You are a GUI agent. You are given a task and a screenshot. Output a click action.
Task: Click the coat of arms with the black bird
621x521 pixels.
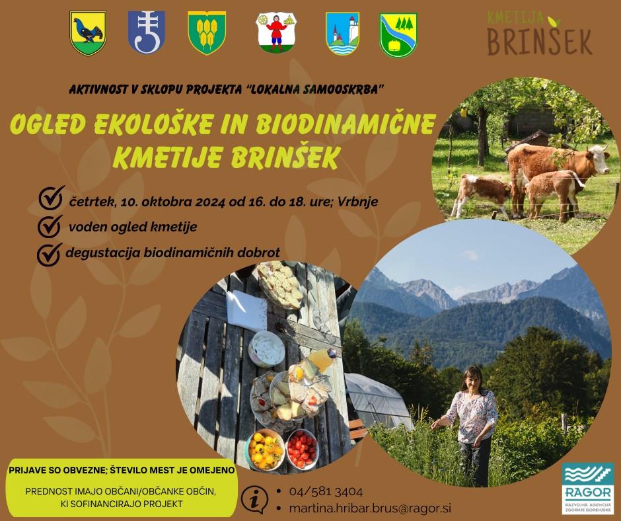(x=88, y=33)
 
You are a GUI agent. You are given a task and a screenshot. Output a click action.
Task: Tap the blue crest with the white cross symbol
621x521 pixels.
(x=146, y=32)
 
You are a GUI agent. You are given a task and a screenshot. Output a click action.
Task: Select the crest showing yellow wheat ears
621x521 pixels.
(x=207, y=32)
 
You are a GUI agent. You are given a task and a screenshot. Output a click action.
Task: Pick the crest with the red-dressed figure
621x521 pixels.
(x=276, y=32)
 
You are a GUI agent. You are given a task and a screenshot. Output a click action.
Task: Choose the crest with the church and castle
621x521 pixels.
(x=343, y=34)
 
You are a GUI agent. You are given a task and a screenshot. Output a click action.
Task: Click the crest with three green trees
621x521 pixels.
(x=398, y=35)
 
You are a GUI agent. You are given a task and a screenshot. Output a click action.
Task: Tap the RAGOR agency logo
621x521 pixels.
(x=588, y=489)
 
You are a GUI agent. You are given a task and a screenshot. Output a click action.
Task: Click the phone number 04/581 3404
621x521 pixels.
(x=326, y=492)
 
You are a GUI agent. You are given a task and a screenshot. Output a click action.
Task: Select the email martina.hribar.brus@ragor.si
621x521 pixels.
(x=370, y=508)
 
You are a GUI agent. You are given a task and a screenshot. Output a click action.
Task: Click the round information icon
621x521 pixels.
(x=254, y=500)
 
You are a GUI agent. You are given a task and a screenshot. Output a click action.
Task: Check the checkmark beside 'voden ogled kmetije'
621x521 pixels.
(x=50, y=225)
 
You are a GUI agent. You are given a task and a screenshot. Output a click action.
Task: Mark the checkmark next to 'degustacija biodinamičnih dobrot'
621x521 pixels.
(x=50, y=254)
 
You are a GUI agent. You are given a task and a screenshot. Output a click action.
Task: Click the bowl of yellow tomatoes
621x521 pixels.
(x=265, y=450)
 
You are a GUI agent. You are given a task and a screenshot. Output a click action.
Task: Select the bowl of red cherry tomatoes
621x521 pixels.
(x=302, y=450)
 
